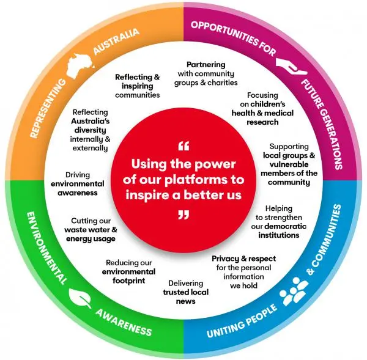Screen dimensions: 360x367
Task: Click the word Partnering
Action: (x=206, y=64)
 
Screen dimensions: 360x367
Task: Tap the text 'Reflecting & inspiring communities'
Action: (x=138, y=86)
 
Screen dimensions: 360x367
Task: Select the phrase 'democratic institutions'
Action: (x=278, y=230)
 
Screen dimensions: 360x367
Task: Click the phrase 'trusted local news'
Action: (x=185, y=296)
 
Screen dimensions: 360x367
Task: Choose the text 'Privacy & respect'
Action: (x=242, y=259)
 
